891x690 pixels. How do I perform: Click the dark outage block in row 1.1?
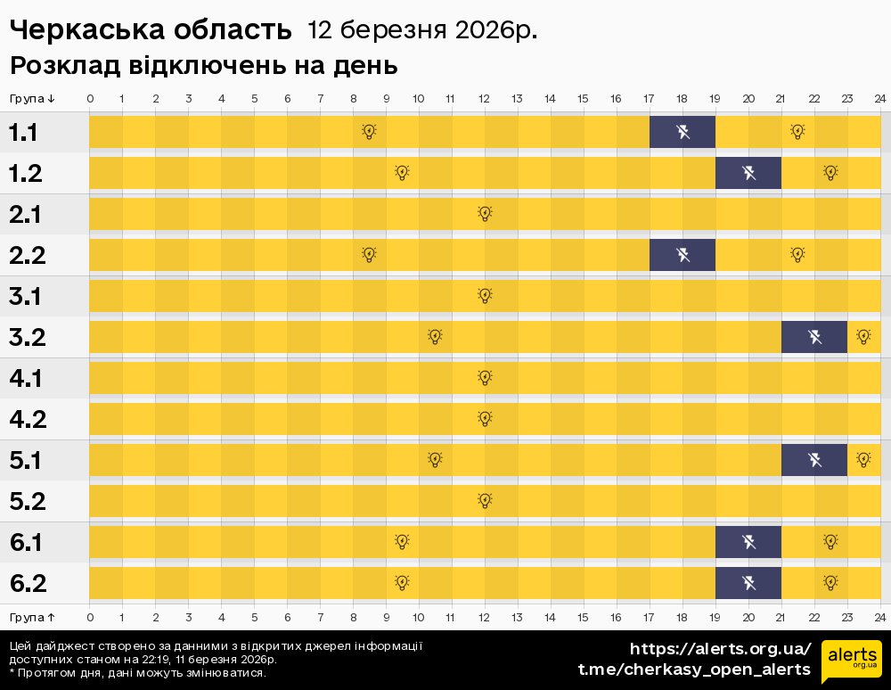pyautogui.click(x=683, y=133)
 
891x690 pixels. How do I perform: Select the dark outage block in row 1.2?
pyautogui.click(x=748, y=173)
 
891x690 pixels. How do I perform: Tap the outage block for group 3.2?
pyautogui.click(x=814, y=337)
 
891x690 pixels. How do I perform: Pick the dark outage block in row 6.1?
pyautogui.click(x=748, y=541)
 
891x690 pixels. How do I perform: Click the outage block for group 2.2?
pyautogui.click(x=683, y=255)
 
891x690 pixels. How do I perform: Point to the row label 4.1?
pyautogui.click(x=28, y=379)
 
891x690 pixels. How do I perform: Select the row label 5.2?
pyautogui.click(x=28, y=501)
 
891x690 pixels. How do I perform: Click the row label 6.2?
pyautogui.click(x=28, y=583)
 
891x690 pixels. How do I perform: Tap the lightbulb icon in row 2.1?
pyautogui.click(x=485, y=214)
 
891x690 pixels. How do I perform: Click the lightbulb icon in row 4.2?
pyautogui.click(x=485, y=418)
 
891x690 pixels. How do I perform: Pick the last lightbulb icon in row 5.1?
pyautogui.click(x=863, y=460)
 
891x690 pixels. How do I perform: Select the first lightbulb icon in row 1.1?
pyautogui.click(x=369, y=132)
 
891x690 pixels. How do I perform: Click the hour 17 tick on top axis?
pyautogui.click(x=649, y=98)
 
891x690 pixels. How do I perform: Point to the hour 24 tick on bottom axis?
pyautogui.click(x=879, y=617)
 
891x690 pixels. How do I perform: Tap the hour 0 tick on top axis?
pyautogui.click(x=90, y=98)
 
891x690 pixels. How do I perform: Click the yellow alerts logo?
pyautogui.click(x=852, y=660)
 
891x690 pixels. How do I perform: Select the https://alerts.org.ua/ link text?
pyautogui.click(x=720, y=648)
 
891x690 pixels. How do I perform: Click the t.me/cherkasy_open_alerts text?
pyautogui.click(x=694, y=669)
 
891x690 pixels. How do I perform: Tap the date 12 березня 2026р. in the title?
pyautogui.click(x=422, y=30)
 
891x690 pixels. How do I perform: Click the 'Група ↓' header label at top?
pyautogui.click(x=32, y=98)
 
